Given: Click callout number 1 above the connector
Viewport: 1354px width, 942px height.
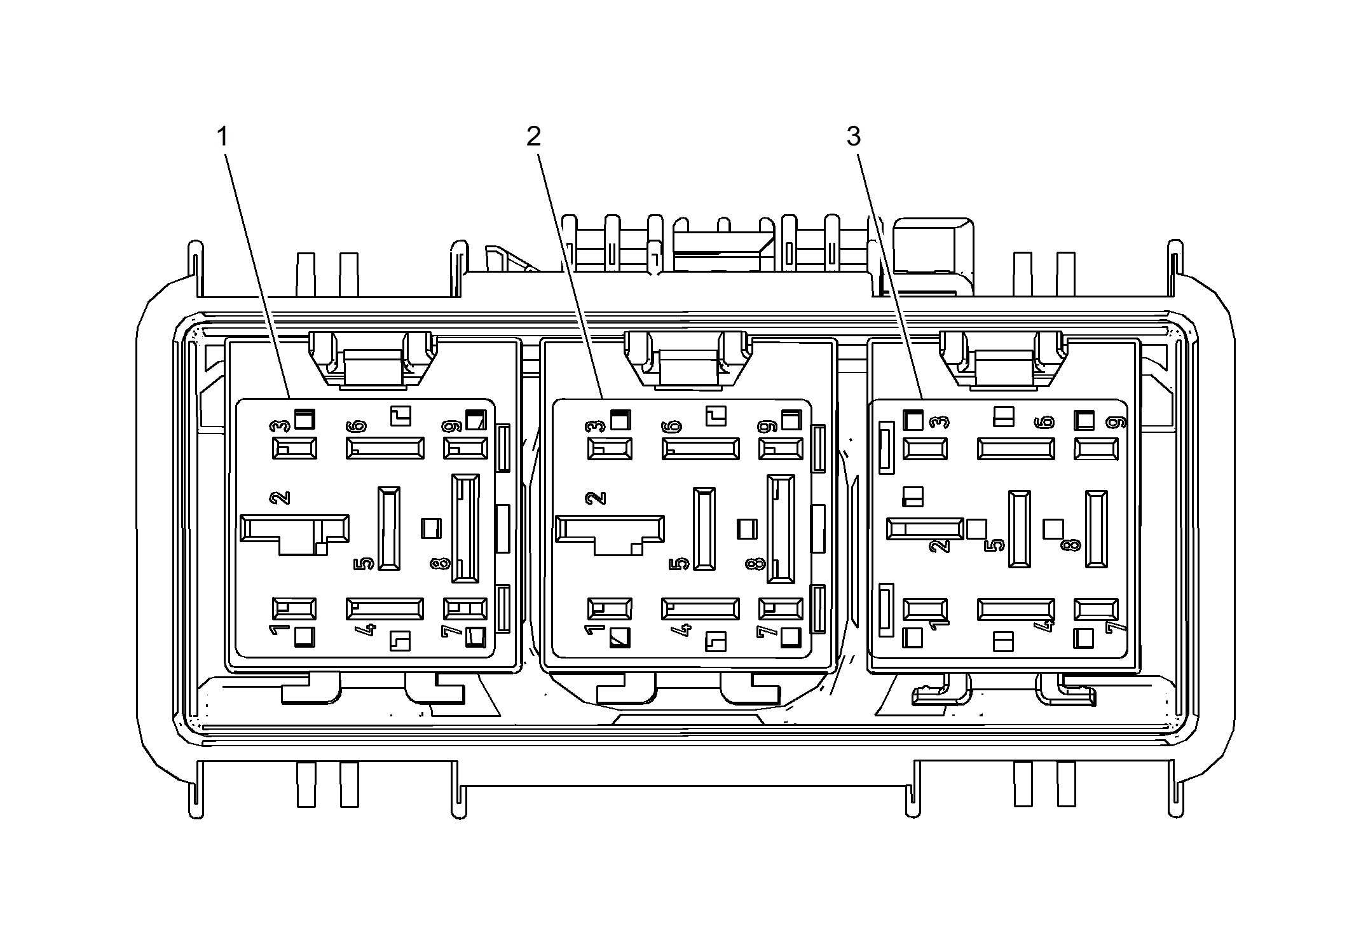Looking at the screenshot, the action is click(x=222, y=136).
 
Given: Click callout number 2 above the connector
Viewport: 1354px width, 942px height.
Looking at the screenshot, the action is click(x=534, y=136).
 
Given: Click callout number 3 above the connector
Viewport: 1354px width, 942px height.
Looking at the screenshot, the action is click(x=853, y=136).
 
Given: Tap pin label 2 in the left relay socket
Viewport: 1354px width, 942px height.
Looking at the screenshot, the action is click(x=280, y=498).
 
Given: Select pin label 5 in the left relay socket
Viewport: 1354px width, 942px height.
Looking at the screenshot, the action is click(x=364, y=564).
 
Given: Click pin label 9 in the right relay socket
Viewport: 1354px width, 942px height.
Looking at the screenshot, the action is click(x=1116, y=421).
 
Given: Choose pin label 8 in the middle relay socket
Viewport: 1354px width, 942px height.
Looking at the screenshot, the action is click(x=755, y=564).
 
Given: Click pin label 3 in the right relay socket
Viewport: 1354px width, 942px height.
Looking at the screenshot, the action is click(x=940, y=421).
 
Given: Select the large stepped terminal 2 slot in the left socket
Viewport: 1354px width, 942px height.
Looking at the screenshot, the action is click(x=294, y=535).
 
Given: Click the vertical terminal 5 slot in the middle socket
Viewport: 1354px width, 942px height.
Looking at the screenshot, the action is click(x=704, y=528).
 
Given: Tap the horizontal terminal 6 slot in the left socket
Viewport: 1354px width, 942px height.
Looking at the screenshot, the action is click(x=385, y=448).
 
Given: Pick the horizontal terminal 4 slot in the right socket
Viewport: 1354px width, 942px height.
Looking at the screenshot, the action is click(x=1016, y=610).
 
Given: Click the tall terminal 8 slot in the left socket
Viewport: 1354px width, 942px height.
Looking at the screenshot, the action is click(x=465, y=528).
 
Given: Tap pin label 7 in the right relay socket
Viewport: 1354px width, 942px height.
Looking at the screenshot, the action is click(x=1116, y=627).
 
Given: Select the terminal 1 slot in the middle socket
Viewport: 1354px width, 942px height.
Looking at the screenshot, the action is click(x=610, y=609).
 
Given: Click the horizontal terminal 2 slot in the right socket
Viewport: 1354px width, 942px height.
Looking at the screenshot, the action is click(x=926, y=529).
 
